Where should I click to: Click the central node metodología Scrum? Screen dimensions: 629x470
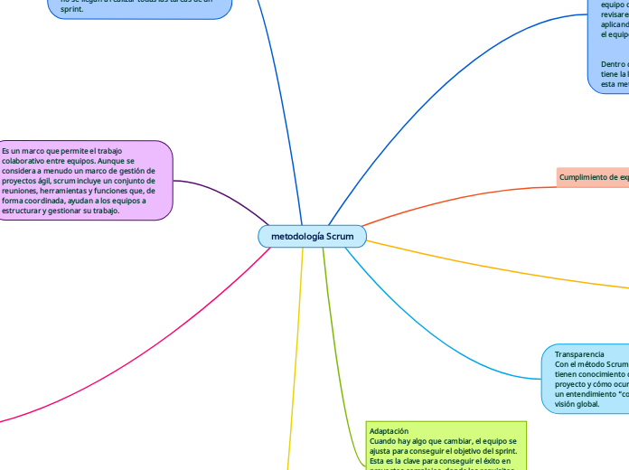coord(313,236)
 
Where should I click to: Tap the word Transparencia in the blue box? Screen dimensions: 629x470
coord(579,353)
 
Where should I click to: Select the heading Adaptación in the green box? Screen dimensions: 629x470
coord(390,431)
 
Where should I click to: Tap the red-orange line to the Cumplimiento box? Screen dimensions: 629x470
coord(452,194)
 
